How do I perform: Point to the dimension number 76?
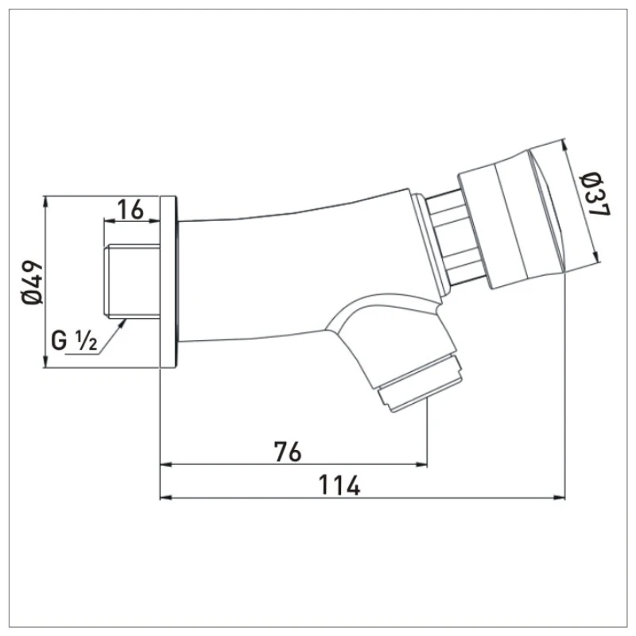pyautogui.click(x=288, y=452)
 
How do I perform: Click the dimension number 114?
pyautogui.click(x=340, y=484)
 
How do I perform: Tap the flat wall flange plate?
pyautogui.click(x=168, y=282)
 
